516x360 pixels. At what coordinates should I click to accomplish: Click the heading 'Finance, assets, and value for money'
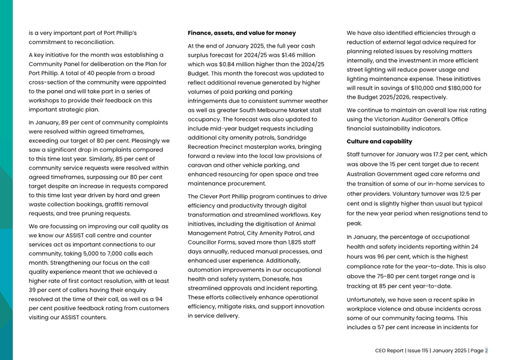[x=242, y=33]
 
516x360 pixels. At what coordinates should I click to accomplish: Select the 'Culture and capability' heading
[x=379, y=141]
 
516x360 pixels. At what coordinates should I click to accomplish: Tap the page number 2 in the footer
[x=486, y=350]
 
